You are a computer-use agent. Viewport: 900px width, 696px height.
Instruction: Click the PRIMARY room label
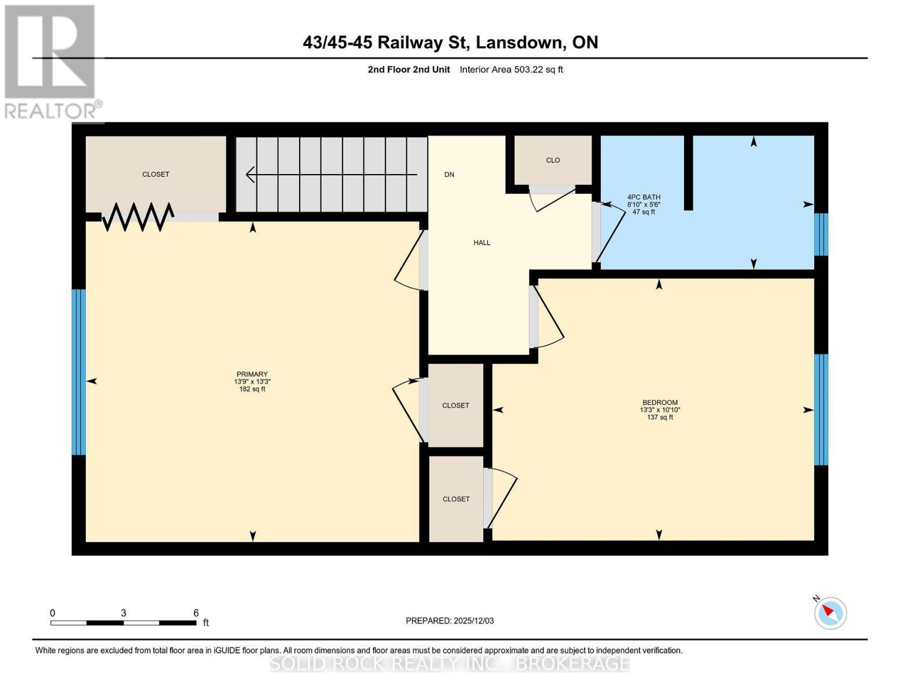click(x=252, y=374)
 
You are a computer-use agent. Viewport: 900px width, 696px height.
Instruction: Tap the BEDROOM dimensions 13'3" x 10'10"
click(x=659, y=409)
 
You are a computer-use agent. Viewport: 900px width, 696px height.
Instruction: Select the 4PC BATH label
click(x=643, y=197)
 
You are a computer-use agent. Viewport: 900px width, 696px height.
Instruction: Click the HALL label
click(x=482, y=243)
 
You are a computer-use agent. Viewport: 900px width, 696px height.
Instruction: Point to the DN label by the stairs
click(x=449, y=175)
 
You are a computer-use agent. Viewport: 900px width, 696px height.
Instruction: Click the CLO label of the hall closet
click(x=553, y=160)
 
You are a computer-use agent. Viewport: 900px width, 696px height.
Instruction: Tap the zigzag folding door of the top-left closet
click(x=138, y=216)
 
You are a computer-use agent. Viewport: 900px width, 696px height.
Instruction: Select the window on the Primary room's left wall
click(x=79, y=372)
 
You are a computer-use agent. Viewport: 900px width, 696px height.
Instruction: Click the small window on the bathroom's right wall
click(x=821, y=234)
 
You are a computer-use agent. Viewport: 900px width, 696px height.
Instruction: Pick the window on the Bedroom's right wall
click(x=821, y=409)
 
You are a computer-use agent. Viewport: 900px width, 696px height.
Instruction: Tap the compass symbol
click(x=830, y=612)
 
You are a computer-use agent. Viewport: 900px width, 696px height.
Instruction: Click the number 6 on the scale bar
click(x=196, y=613)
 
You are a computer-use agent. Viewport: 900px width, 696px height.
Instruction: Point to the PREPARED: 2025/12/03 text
click(x=450, y=621)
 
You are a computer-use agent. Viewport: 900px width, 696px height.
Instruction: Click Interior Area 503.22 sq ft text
click(x=511, y=70)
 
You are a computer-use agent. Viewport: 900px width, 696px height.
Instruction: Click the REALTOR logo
click(x=51, y=61)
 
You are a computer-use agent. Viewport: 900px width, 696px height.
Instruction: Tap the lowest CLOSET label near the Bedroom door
click(x=456, y=499)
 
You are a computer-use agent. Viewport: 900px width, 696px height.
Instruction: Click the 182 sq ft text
click(x=252, y=389)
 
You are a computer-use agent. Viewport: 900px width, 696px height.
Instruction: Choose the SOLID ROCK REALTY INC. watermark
click(x=450, y=663)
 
